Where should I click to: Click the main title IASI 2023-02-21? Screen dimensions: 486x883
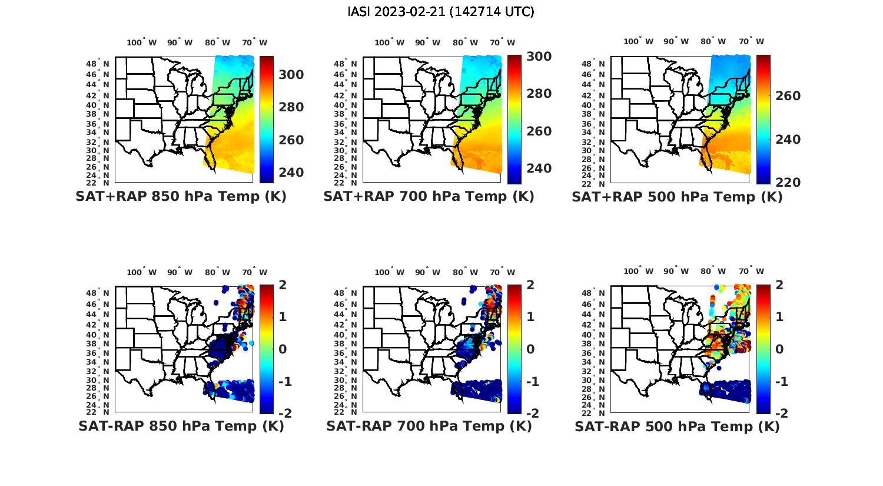tap(441, 11)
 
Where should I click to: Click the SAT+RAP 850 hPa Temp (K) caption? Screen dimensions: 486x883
tap(181, 197)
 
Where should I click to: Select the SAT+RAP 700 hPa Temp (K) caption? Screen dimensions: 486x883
tap(429, 197)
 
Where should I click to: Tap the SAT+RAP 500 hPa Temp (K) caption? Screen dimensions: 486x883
tap(677, 197)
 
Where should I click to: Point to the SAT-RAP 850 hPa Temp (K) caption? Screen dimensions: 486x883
tap(181, 427)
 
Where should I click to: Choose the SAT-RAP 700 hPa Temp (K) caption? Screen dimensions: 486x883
tap(429, 427)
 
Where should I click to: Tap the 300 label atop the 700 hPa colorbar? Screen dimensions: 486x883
tap(539, 57)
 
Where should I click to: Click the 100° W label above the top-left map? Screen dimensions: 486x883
tap(141, 42)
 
